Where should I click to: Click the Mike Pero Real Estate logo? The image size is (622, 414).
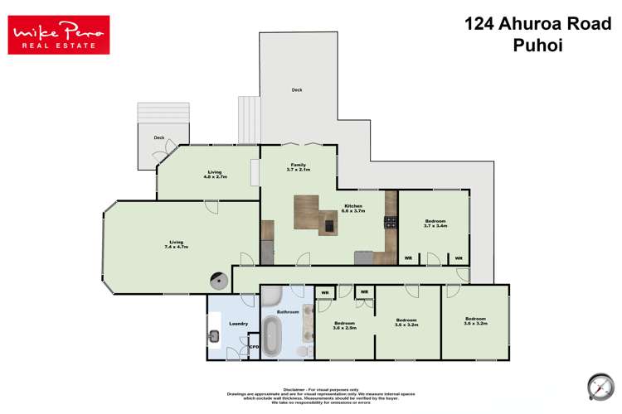[58, 34]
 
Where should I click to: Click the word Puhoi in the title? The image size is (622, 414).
[537, 46]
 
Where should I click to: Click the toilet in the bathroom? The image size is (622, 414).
[303, 351]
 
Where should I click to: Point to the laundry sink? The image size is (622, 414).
[214, 335]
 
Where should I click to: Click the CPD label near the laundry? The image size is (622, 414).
[254, 347]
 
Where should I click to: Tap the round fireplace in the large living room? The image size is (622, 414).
[219, 281]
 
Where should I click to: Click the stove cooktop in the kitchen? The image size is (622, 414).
[390, 222]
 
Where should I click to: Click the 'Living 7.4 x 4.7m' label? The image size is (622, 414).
[175, 244]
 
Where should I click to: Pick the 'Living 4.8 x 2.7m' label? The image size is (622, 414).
[215, 174]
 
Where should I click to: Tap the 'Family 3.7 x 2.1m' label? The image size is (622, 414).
[298, 167]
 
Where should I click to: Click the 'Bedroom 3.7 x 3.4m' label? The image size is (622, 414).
[435, 223]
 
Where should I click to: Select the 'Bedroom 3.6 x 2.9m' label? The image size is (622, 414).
[344, 325]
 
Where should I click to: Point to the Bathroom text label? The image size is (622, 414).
[288, 311]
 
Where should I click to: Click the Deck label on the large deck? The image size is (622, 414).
[296, 90]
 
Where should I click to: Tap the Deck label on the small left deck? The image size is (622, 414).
[159, 138]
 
